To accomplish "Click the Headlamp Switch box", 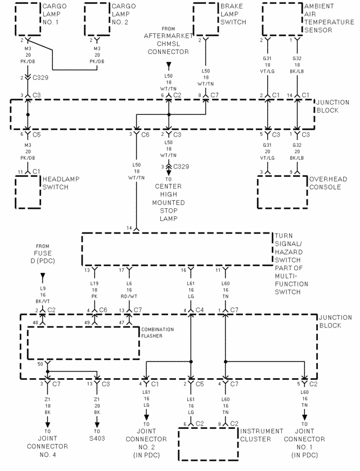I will tap(28, 191).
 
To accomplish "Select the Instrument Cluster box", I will tap(208, 445).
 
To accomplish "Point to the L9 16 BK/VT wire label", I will tap(43, 293).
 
